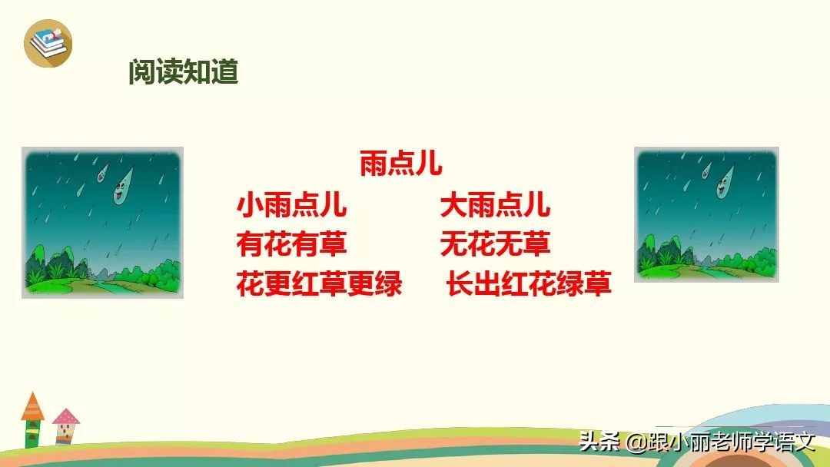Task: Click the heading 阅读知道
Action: coord(183,72)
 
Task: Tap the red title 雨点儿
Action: coord(400,164)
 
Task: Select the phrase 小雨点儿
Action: coord(291,206)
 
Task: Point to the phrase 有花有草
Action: coord(291,245)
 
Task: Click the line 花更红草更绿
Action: coord(319,285)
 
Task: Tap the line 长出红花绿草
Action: coord(529,285)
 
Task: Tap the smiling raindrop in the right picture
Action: coord(722,184)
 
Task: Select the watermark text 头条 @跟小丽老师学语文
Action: coord(696,442)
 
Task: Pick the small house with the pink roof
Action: coord(66,424)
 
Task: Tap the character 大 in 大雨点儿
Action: coord(453,206)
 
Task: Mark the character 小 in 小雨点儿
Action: coord(251,206)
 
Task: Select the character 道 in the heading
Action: coord(224,72)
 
